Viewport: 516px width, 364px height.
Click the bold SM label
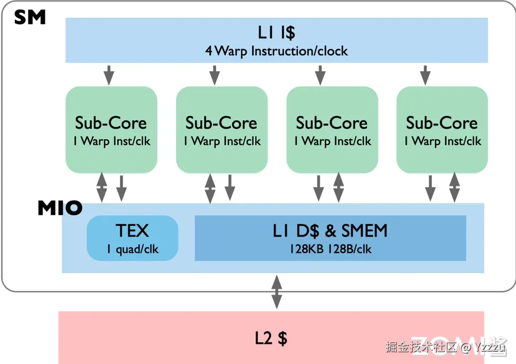[30, 17]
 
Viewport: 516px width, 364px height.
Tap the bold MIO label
[60, 208]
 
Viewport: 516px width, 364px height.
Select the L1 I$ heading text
[277, 32]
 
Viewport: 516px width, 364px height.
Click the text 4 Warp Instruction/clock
[277, 51]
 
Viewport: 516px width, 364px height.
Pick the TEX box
[132, 238]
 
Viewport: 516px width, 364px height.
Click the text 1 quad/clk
[133, 249]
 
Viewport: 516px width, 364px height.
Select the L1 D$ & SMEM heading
[330, 231]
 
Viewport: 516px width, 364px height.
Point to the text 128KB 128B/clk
[331, 249]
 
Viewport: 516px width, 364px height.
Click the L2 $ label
[271, 338]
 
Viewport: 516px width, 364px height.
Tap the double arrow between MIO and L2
[277, 292]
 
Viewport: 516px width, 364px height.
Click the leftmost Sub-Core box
[111, 130]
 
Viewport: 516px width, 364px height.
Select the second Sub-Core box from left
[222, 130]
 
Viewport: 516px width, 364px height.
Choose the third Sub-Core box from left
[332, 130]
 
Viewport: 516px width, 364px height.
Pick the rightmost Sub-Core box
[442, 130]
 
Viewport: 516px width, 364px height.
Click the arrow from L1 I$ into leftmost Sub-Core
[109, 75]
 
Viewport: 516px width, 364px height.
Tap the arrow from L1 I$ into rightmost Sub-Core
[425, 75]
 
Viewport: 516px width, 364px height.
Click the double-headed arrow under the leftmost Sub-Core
[102, 188]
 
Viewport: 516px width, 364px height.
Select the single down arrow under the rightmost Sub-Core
[430, 188]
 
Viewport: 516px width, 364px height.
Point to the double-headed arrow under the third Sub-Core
[339, 188]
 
